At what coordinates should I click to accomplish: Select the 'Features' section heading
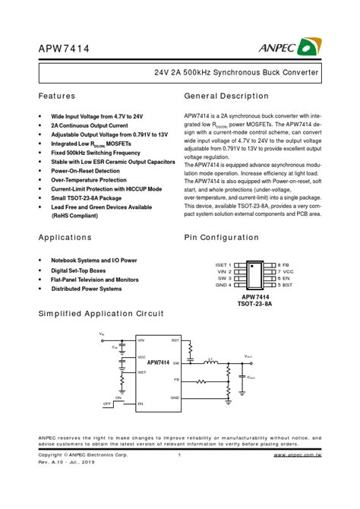(x=57, y=96)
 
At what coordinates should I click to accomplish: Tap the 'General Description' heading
(x=226, y=96)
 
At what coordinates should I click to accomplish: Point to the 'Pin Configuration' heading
(x=221, y=237)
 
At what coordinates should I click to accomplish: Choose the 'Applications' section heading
(x=65, y=237)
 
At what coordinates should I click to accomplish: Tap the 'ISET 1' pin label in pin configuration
(x=223, y=264)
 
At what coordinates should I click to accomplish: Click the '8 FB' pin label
(x=284, y=264)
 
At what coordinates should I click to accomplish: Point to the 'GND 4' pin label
(x=223, y=285)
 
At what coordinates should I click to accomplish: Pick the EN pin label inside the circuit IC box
(x=141, y=404)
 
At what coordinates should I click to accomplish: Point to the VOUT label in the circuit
(x=249, y=356)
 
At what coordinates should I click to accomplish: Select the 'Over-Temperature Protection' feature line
(x=89, y=180)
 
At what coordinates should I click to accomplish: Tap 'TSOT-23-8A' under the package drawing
(x=256, y=304)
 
